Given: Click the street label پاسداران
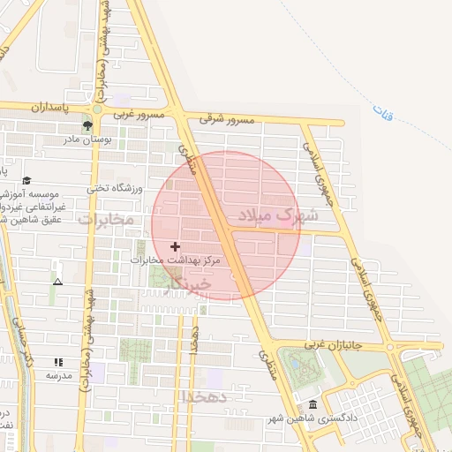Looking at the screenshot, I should [x=49, y=108].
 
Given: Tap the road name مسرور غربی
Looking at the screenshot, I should [x=138, y=115].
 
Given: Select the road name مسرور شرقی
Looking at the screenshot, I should [x=226, y=118].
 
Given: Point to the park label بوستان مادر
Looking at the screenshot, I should [x=91, y=139].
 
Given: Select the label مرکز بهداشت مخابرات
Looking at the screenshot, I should [x=173, y=261].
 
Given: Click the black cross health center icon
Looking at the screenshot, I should [x=175, y=246].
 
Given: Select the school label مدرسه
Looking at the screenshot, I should [x=58, y=376].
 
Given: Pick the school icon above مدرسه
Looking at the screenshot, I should [x=58, y=362].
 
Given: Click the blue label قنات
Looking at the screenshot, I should [x=381, y=112].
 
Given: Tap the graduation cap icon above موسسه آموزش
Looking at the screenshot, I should [x=26, y=179].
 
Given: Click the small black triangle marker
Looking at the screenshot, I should [x=57, y=282].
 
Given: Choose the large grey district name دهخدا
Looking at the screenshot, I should [x=205, y=397].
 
